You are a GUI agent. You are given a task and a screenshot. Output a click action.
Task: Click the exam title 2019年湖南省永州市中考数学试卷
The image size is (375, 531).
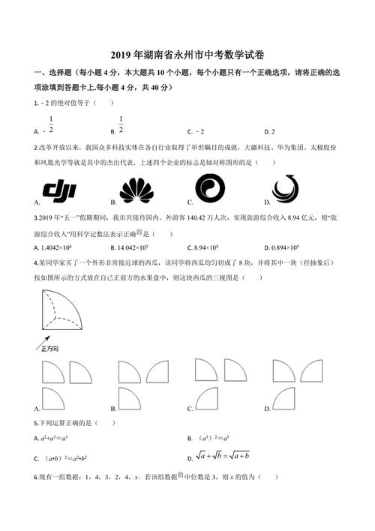click(187, 55)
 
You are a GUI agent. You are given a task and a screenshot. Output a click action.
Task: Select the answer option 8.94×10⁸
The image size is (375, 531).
click(209, 247)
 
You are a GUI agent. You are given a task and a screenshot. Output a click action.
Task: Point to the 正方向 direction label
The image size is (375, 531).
click(49, 349)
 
